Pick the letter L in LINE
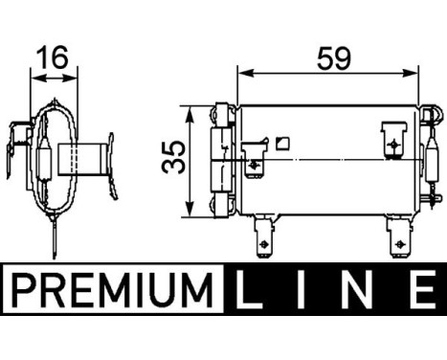(x=251, y=287)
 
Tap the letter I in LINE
(x=304, y=287)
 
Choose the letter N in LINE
(x=359, y=287)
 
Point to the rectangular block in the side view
(x=78, y=157)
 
